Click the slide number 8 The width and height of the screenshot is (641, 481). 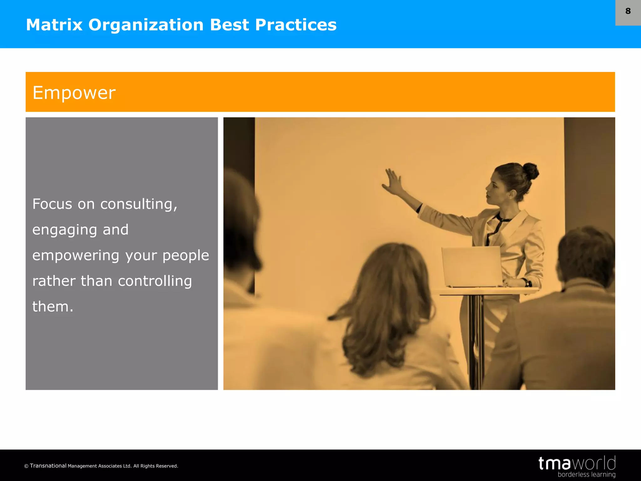click(x=628, y=11)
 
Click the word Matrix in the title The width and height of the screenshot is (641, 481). click(x=54, y=25)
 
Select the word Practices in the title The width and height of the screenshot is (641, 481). click(x=296, y=25)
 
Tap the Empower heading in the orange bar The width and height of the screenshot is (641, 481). click(x=74, y=93)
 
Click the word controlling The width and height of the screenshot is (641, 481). click(x=155, y=281)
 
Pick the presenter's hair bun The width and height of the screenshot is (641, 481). click(x=530, y=171)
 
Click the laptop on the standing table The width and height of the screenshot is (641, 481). click(x=472, y=266)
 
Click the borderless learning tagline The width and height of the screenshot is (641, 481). click(x=586, y=475)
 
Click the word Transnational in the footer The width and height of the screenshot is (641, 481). click(x=48, y=466)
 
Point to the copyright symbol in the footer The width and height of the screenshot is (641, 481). click(x=26, y=466)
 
